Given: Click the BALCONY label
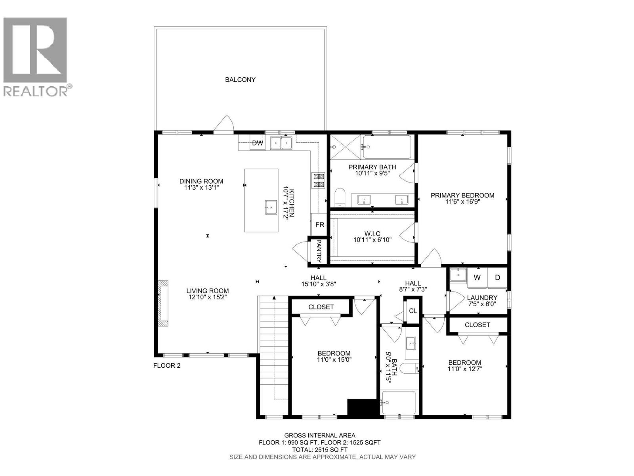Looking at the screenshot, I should (x=240, y=80).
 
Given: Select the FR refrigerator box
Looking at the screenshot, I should (x=319, y=225).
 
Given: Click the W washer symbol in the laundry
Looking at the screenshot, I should (x=477, y=278).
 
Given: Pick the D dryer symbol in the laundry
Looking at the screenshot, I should (x=497, y=278).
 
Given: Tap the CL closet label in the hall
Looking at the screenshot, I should (x=413, y=311).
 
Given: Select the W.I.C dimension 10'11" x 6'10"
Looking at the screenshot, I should (x=372, y=240).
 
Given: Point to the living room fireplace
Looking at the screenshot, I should (x=163, y=303).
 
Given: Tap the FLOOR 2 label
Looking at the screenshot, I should (x=167, y=366).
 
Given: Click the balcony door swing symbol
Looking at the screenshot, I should (x=223, y=123).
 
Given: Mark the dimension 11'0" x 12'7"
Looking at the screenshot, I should (x=465, y=369).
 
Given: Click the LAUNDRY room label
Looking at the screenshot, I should (x=482, y=297).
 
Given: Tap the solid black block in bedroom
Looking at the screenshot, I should (x=362, y=407).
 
